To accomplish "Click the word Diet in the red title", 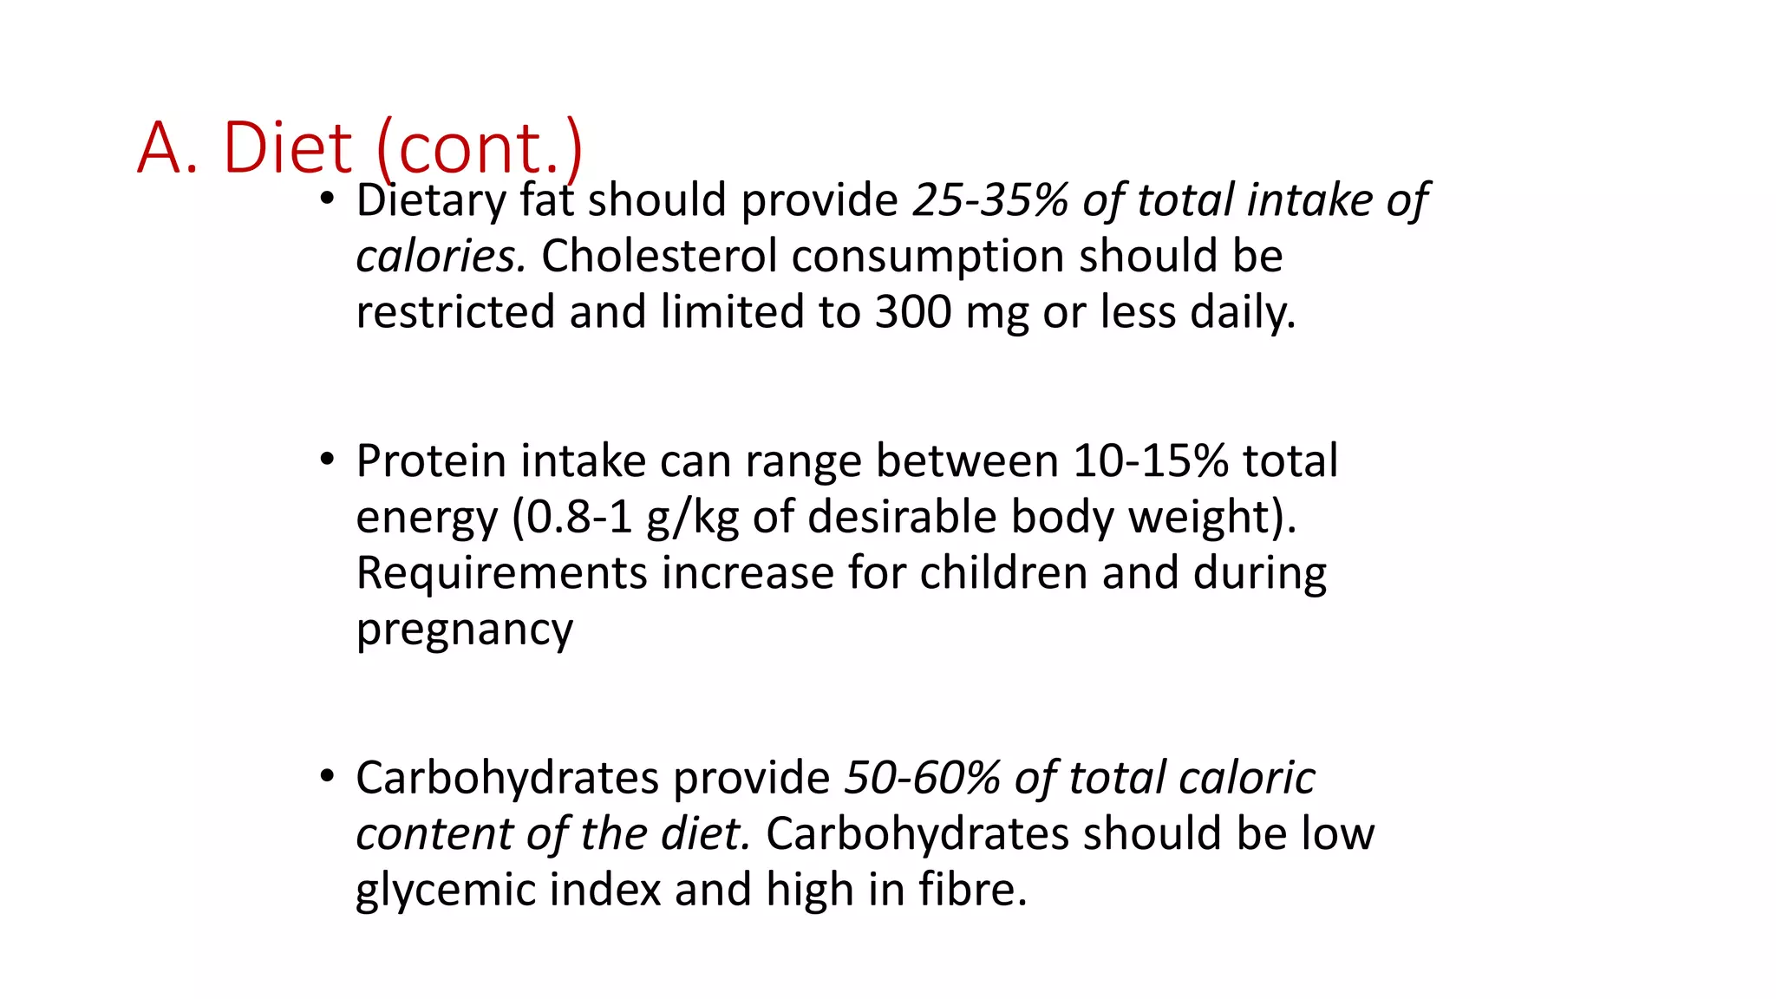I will click(287, 147).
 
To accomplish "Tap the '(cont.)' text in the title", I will click(480, 147).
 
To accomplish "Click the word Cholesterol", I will click(659, 257).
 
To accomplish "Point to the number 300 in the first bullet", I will click(912, 312).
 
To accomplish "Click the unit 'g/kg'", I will click(693, 518).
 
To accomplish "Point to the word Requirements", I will click(502, 574).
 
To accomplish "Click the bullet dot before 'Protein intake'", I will click(326, 460).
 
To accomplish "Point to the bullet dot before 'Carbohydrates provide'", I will click(326, 777).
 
